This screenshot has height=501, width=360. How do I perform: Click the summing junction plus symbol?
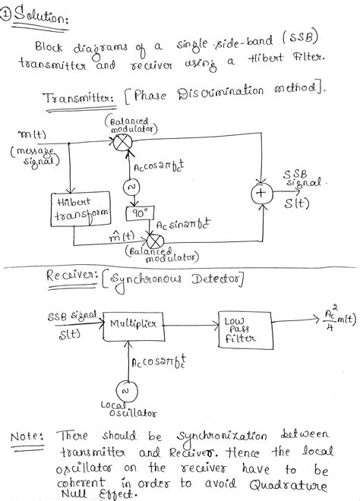pyautogui.click(x=262, y=195)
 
